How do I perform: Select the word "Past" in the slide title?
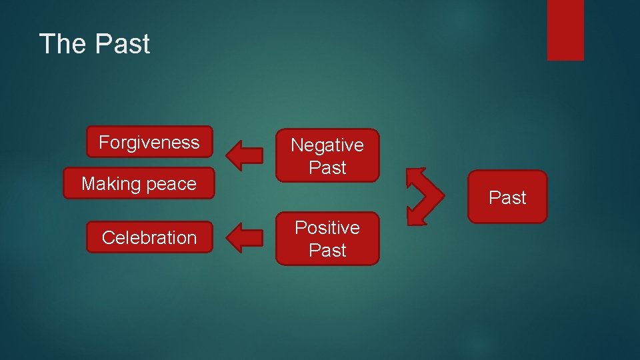pyautogui.click(x=123, y=44)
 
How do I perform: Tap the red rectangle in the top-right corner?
pyautogui.click(x=565, y=29)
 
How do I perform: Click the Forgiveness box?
pyautogui.click(x=149, y=142)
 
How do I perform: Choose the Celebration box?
pyautogui.click(x=149, y=237)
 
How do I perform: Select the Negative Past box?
pyautogui.click(x=327, y=156)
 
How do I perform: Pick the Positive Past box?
pyautogui.click(x=327, y=239)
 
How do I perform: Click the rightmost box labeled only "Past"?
pyautogui.click(x=507, y=197)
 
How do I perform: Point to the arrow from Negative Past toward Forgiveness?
pyautogui.click(x=245, y=153)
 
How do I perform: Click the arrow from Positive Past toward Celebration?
pyautogui.click(x=245, y=238)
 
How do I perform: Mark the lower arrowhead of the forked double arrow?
pyautogui.click(x=415, y=215)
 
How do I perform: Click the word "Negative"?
pyautogui.click(x=327, y=145)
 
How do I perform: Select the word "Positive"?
pyautogui.click(x=327, y=227)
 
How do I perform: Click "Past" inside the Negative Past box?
pyautogui.click(x=327, y=168)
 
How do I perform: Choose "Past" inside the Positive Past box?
pyautogui.click(x=327, y=251)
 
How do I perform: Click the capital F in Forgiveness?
pyautogui.click(x=104, y=142)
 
